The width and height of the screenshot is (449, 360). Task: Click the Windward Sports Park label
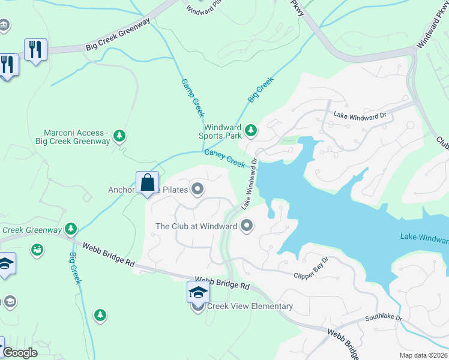(x=222, y=131)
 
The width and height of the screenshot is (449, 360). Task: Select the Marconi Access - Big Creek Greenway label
(x=77, y=137)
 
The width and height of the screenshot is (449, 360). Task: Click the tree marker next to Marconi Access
(x=120, y=136)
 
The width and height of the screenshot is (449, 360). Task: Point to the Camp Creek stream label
(x=194, y=98)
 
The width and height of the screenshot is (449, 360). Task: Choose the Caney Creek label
(x=225, y=159)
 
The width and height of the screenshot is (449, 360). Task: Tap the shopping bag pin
(x=147, y=182)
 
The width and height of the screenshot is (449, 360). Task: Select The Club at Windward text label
(x=196, y=226)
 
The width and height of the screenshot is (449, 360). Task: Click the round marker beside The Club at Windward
(x=247, y=226)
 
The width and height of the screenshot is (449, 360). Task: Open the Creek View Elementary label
(x=250, y=307)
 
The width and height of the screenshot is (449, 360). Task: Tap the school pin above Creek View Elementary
(x=198, y=293)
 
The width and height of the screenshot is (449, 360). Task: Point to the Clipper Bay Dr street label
(x=311, y=269)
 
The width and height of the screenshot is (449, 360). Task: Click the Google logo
(x=20, y=353)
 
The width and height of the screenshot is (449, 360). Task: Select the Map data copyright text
(x=424, y=355)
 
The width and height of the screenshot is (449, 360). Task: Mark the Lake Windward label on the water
(x=424, y=238)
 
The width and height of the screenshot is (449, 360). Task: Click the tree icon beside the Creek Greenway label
(x=71, y=229)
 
